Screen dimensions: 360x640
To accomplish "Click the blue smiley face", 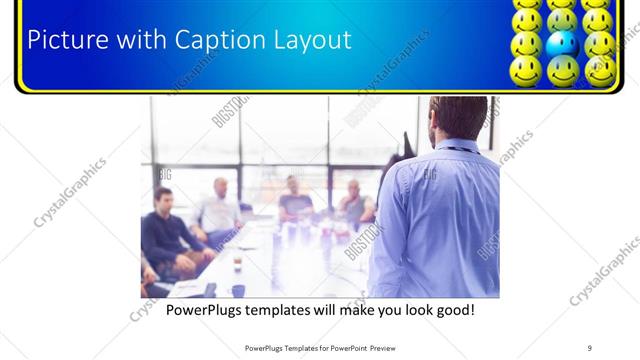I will point(563,43).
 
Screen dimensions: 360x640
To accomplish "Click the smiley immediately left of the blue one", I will point(527,43).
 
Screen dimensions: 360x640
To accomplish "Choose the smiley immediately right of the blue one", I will point(599,43).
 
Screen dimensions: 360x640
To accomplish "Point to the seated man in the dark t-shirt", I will point(294,200).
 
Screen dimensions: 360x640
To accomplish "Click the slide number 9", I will point(589,347).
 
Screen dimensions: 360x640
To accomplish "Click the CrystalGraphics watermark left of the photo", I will point(70,192).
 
